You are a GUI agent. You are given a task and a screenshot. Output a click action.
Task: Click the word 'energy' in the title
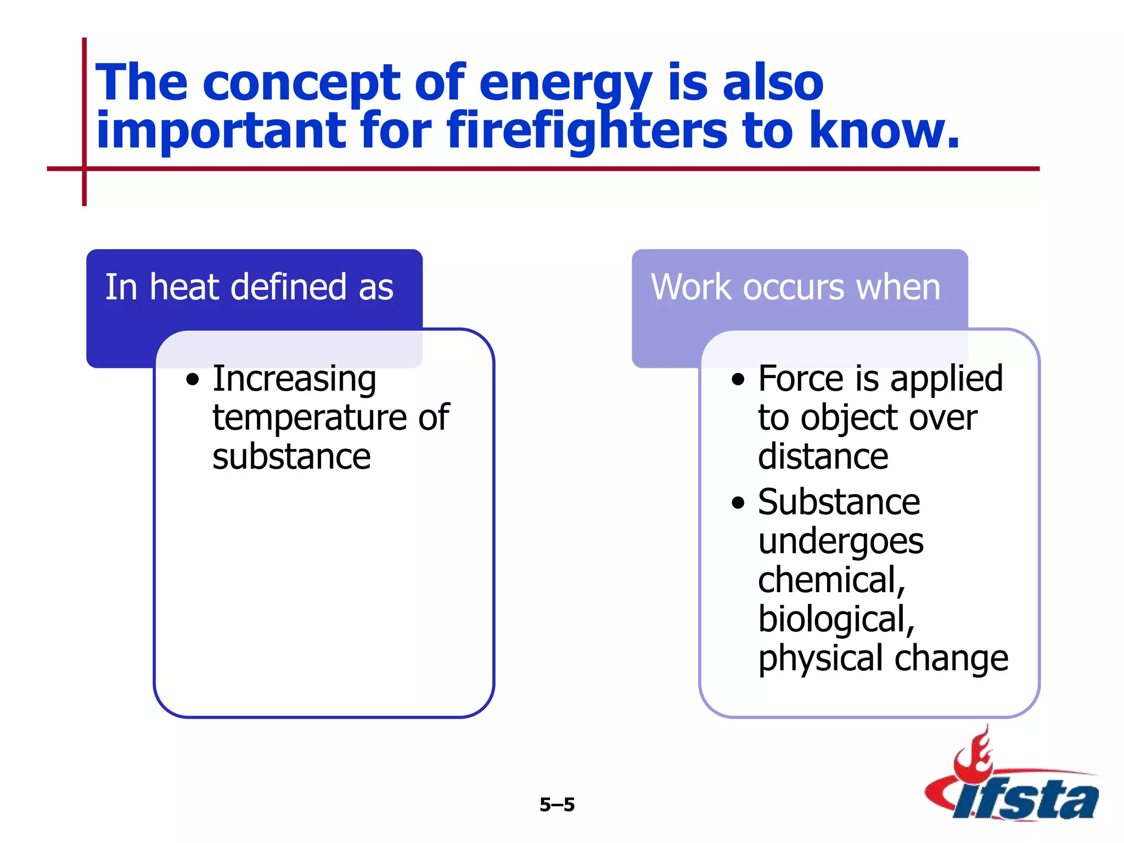pyautogui.click(x=565, y=83)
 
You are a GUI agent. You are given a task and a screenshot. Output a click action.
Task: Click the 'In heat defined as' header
pyautogui.click(x=249, y=287)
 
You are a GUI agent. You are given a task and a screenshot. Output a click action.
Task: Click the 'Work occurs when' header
pyautogui.click(x=795, y=287)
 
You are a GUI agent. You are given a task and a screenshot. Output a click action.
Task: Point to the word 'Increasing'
pyautogui.click(x=294, y=379)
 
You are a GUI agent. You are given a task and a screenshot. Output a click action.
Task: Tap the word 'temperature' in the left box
pyautogui.click(x=308, y=418)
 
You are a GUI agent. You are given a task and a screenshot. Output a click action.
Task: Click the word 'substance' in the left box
pyautogui.click(x=291, y=457)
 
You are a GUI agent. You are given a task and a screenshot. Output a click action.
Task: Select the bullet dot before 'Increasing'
pyautogui.click(x=192, y=380)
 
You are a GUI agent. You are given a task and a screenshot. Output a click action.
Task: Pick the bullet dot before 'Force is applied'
pyautogui.click(x=738, y=380)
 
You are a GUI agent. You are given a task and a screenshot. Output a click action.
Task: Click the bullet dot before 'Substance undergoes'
pyautogui.click(x=738, y=503)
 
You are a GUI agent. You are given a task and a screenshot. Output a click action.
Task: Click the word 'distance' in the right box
pyautogui.click(x=823, y=457)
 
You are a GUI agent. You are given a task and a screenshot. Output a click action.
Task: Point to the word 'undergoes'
pyautogui.click(x=840, y=542)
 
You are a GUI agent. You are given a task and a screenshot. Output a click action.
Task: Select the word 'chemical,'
pyautogui.click(x=831, y=581)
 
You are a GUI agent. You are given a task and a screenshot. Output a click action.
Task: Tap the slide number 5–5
pyautogui.click(x=557, y=805)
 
